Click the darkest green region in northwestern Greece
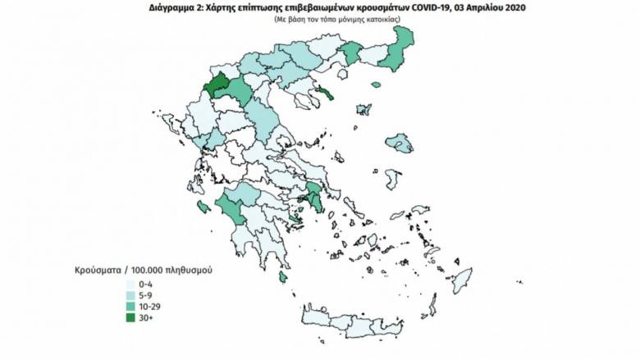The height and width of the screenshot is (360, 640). [x=217, y=85]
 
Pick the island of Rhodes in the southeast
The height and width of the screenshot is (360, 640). [x=463, y=278]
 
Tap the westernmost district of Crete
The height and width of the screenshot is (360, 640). [x=316, y=316]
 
